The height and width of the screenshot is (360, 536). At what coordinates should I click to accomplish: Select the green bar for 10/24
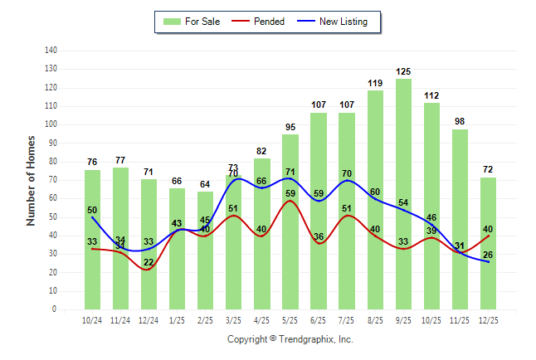pos(92,240)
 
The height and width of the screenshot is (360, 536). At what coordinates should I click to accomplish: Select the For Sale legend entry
pos(193,21)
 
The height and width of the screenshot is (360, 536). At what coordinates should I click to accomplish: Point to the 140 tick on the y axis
pos(51,51)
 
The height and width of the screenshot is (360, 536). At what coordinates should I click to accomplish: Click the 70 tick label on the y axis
pos(53,180)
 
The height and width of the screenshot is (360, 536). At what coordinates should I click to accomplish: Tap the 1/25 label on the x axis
pos(178,319)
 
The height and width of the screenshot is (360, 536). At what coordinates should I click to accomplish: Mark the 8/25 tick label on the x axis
pos(375,319)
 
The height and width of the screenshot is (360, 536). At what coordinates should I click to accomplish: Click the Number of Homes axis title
pos(32,180)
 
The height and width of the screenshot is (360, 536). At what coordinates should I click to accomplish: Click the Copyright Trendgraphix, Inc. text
pos(290,339)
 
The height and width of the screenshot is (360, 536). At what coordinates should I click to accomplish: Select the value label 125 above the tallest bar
pos(403,72)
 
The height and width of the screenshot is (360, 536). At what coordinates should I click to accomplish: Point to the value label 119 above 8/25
pos(375,83)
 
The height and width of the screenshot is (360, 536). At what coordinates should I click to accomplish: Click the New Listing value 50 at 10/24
pos(92,211)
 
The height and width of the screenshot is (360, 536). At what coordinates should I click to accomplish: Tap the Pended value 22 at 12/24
pos(149,262)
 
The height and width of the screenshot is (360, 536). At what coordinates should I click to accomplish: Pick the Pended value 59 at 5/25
pos(290,194)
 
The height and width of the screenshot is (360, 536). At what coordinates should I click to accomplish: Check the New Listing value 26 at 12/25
pos(488,255)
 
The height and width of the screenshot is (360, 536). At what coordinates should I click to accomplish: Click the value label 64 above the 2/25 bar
pos(205,184)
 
